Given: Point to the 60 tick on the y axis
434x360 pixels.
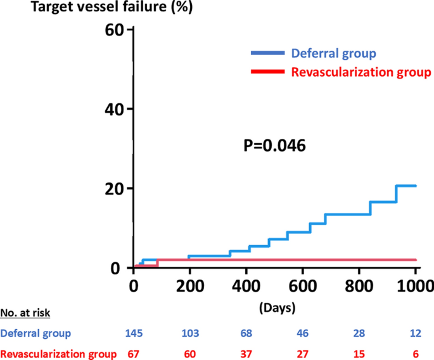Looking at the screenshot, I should pyautogui.click(x=115, y=30).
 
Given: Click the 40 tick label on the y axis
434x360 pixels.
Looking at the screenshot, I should pyautogui.click(x=115, y=109).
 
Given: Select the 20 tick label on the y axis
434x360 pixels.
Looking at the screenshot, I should pyautogui.click(x=115, y=188).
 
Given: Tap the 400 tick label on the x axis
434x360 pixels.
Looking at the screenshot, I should pyautogui.click(x=246, y=285).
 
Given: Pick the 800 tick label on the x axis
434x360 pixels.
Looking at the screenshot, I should pyautogui.click(x=359, y=285).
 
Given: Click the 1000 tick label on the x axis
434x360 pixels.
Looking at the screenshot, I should pyautogui.click(x=414, y=285).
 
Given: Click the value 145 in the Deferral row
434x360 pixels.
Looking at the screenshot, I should pyautogui.click(x=134, y=333).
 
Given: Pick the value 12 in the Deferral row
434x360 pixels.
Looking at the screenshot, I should pyautogui.click(x=416, y=333).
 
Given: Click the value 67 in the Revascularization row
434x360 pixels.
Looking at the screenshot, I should pyautogui.click(x=134, y=354).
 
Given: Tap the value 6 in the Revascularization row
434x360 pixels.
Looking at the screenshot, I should pyautogui.click(x=416, y=354).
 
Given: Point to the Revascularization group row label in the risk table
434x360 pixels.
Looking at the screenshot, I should pyautogui.click(x=59, y=354).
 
